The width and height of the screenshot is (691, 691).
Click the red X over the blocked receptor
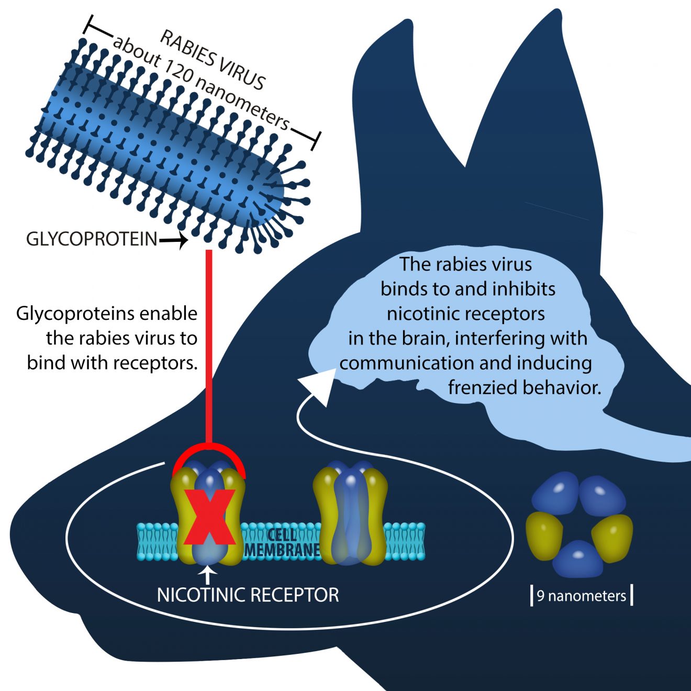pos(209,518)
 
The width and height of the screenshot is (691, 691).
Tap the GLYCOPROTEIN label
pos(92,239)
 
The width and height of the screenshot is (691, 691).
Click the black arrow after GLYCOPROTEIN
pos(174,241)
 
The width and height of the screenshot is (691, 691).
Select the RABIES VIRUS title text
pos(213,59)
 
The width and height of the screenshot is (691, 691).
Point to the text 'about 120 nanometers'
pos(201,84)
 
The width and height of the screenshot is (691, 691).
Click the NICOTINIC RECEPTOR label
pos(248,595)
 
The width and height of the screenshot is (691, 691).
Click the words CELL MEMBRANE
pos(282,543)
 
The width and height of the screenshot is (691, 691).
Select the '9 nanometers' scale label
pos(581,596)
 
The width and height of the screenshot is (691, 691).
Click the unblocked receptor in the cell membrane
pos(350,516)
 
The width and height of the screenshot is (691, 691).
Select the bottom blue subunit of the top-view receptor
pos(578,559)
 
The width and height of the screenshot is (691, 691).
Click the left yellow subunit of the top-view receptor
pos(544,534)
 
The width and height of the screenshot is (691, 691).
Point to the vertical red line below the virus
pos(209,345)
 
